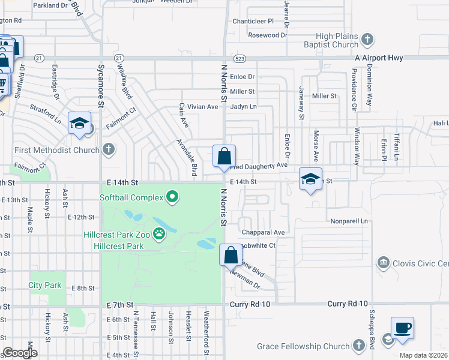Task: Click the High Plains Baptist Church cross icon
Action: [368, 40]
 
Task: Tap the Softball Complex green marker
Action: [173, 197]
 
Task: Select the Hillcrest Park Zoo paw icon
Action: [159, 233]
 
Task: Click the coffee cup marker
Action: [402, 328]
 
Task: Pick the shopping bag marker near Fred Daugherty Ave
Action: [224, 157]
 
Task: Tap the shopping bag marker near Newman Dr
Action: [231, 255]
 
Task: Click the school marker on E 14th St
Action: [310, 179]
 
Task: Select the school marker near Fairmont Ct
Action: [79, 124]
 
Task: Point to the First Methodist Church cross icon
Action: [109, 149]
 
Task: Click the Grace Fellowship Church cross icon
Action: [358, 346]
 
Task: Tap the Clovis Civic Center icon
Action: [382, 263]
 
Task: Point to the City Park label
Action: [45, 285]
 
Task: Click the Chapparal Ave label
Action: [263, 232]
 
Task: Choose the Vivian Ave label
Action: [203, 107]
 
